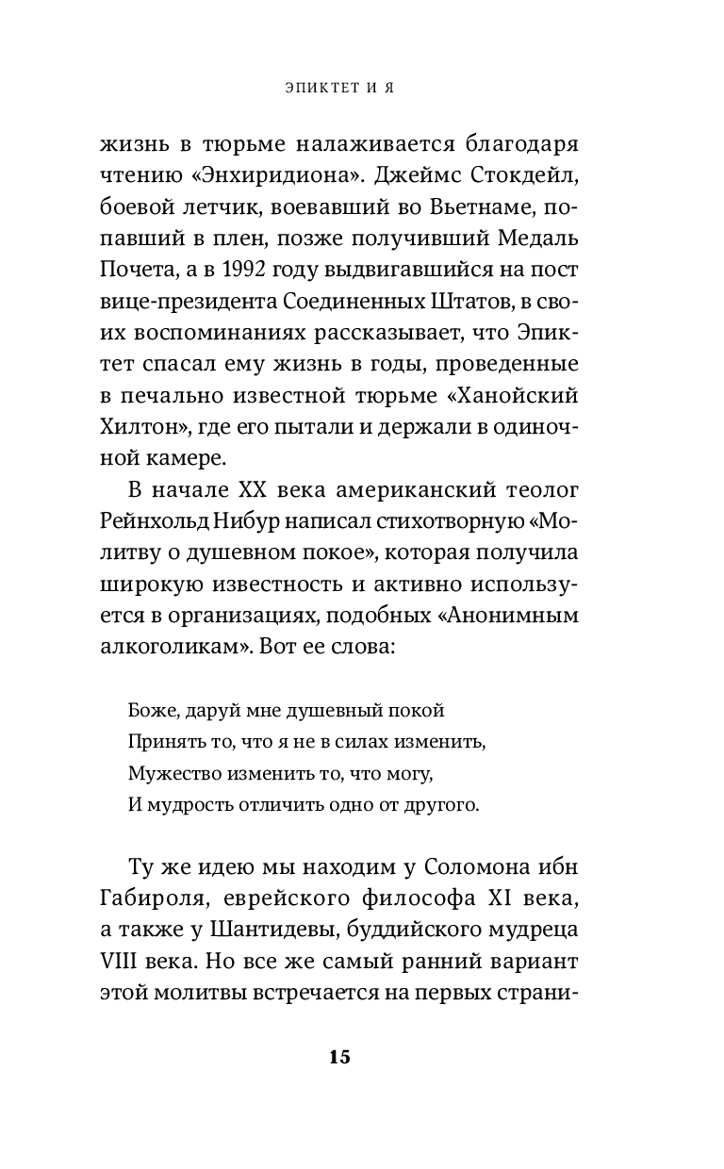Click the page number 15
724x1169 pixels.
tap(339, 1056)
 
